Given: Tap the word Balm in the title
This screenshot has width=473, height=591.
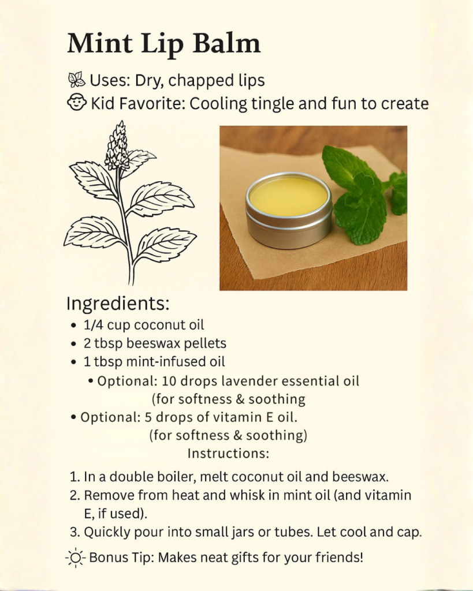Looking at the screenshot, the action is (x=226, y=43).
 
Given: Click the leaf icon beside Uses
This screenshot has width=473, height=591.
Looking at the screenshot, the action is (x=77, y=80).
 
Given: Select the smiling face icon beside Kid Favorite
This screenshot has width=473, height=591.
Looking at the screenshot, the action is (x=77, y=103).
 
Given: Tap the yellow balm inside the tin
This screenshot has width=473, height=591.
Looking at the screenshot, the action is (x=289, y=196).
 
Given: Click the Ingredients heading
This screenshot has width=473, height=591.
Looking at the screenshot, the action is (x=118, y=304).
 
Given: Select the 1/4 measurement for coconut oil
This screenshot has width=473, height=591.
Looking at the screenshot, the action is (x=93, y=325).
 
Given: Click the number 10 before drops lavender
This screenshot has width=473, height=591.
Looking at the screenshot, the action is (x=169, y=381).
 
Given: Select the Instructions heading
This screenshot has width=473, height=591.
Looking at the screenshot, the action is (x=228, y=454).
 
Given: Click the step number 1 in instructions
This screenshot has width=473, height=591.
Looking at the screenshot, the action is (x=75, y=477).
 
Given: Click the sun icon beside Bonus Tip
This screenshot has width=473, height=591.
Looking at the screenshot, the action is (x=76, y=558).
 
